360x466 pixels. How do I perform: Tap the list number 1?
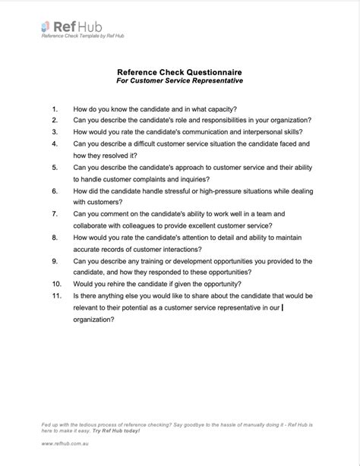pyautogui.click(x=55, y=109)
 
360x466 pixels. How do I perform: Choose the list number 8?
pyautogui.click(x=55, y=237)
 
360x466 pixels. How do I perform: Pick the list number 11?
pyautogui.click(x=55, y=295)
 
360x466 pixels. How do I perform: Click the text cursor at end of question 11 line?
pyautogui.click(x=283, y=307)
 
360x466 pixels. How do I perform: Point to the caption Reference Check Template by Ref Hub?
pyautogui.click(x=83, y=36)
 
